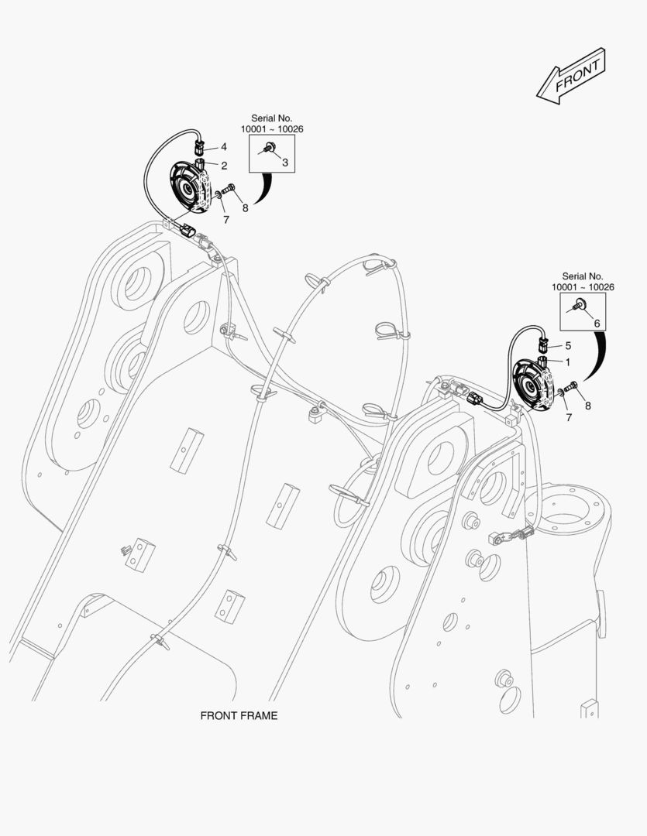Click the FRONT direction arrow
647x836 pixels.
tap(572, 75)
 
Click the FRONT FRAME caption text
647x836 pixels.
tap(239, 716)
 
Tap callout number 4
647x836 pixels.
tap(224, 146)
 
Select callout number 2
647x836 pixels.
tap(224, 166)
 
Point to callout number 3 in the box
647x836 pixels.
tap(284, 163)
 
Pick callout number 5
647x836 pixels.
tap(568, 345)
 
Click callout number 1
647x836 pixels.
tap(568, 361)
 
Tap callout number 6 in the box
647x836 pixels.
tap(597, 324)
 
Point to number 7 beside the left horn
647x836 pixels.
tap(226, 220)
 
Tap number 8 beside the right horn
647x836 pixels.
tap(588, 406)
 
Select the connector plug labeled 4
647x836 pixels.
tap(201, 146)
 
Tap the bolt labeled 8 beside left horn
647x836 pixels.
tap(229, 190)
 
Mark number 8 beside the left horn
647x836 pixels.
tap(245, 207)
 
